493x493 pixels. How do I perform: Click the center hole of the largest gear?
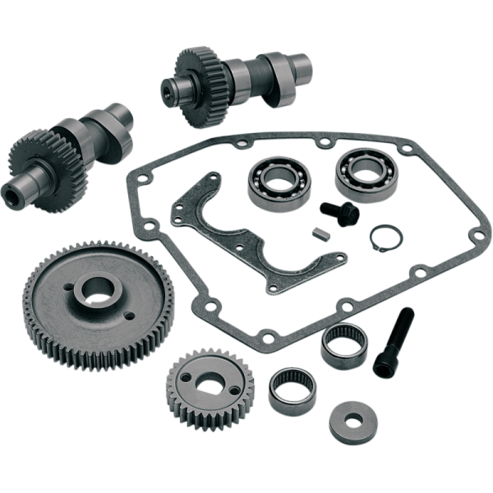coord(97,288)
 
